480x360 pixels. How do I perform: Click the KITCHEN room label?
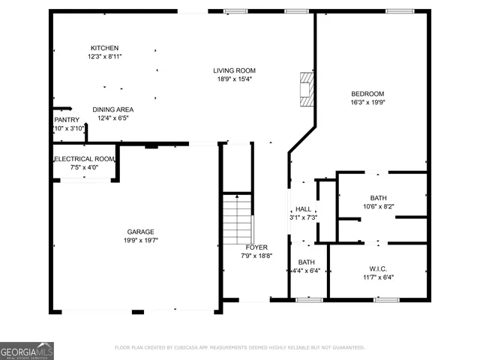tap(104, 48)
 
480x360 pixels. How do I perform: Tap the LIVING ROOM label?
tap(235, 70)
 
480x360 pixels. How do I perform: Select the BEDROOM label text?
tap(367, 94)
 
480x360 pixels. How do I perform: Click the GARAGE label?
tap(140, 232)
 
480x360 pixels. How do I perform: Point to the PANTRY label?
tap(67, 120)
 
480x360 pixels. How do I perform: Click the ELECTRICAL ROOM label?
tap(83, 159)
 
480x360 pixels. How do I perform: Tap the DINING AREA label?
tap(113, 109)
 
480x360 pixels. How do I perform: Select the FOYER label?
tap(257, 247)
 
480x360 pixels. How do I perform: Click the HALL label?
tap(303, 209)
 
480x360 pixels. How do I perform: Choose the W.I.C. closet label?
tap(377, 268)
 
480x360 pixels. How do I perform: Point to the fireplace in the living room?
tap(304, 88)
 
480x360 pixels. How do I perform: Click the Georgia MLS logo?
tap(27, 350)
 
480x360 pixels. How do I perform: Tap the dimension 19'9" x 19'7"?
tap(140, 240)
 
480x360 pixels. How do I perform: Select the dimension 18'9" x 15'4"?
tap(235, 79)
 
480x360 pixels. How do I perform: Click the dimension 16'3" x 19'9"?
tap(367, 102)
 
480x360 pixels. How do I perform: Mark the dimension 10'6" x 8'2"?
tap(379, 206)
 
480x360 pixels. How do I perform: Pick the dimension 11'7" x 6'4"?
tap(377, 277)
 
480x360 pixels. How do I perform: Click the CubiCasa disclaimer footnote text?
tap(240, 347)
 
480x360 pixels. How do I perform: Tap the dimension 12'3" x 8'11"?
tap(104, 56)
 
